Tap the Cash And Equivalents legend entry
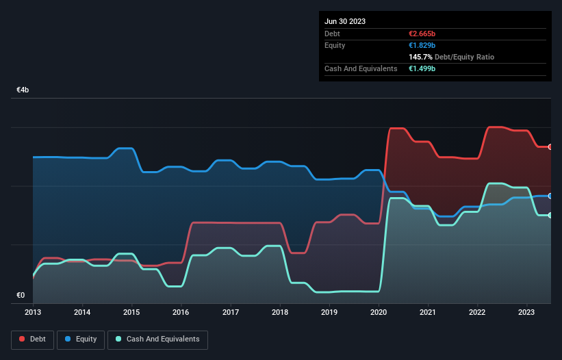[x=157, y=339]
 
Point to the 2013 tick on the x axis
[x=33, y=311]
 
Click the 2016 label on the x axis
[x=181, y=311]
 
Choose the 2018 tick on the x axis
[x=280, y=311]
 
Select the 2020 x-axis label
[x=379, y=311]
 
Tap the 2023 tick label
[x=527, y=311]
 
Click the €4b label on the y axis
[x=23, y=90]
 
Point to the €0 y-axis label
[x=21, y=296]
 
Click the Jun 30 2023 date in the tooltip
[x=345, y=21]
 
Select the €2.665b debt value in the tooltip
[x=422, y=34]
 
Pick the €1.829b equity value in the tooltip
[x=422, y=45]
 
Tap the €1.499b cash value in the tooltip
[x=422, y=68]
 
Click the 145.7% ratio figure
[x=419, y=57]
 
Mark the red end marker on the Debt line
[x=550, y=147]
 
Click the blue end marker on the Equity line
[x=550, y=196]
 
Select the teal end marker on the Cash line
[x=550, y=216]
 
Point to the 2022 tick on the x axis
[x=478, y=311]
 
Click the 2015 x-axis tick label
[x=131, y=311]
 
